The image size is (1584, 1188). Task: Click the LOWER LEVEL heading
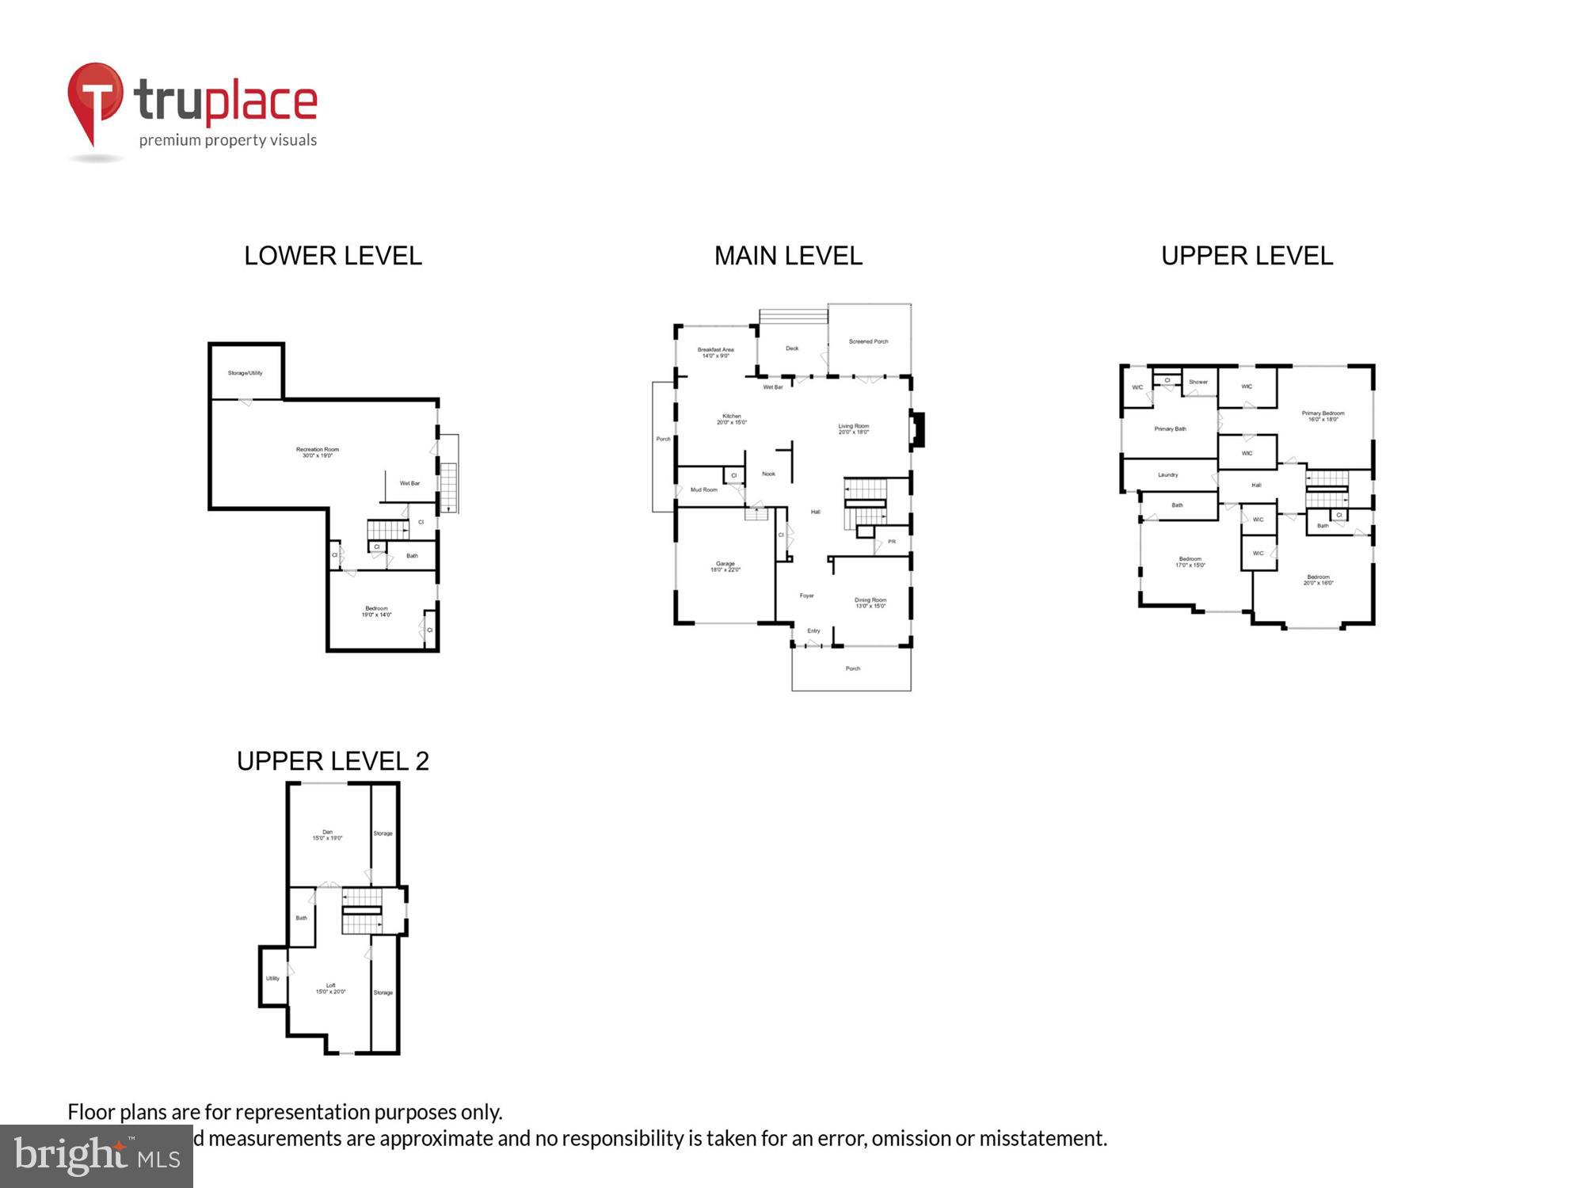[333, 256]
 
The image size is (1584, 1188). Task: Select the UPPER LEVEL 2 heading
[333, 761]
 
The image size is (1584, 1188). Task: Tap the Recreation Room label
[317, 452]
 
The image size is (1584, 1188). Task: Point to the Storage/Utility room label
[245, 373]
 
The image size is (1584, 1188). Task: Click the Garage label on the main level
[725, 566]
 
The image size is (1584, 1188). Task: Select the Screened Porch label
[868, 341]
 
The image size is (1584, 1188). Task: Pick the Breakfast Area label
[715, 352]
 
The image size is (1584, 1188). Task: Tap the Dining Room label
[870, 603]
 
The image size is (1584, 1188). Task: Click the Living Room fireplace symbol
[918, 430]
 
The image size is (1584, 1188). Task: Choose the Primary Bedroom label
[1323, 416]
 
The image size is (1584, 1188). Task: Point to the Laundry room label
[1167, 475]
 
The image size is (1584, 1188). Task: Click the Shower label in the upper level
[1198, 382]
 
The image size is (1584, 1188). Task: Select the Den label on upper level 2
[327, 835]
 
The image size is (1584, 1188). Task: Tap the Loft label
[330, 988]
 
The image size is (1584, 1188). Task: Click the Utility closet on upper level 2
[272, 978]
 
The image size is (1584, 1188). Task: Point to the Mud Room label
[703, 489]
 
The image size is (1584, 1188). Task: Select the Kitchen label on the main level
[731, 419]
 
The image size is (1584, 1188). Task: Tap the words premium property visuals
[228, 140]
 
